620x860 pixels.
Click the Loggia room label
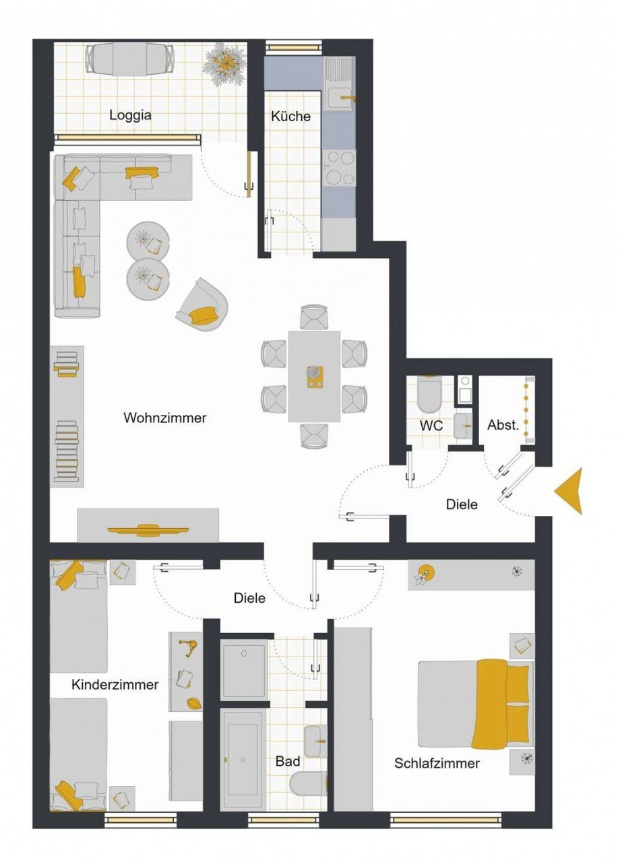[x=130, y=114]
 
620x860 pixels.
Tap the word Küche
[x=290, y=116]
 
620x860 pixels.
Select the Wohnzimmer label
[x=165, y=418]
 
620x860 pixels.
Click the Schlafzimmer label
[x=437, y=763]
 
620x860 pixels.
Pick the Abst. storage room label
[x=503, y=425]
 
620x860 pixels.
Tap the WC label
[x=431, y=426]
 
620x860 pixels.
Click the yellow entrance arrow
[x=570, y=491]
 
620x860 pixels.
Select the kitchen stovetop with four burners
[x=339, y=168]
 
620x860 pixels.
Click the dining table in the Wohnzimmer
[x=314, y=376]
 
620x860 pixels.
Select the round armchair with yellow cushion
[x=201, y=304]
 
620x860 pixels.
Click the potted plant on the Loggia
[x=225, y=63]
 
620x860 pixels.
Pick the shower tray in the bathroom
[x=244, y=666]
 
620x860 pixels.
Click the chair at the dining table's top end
[x=314, y=317]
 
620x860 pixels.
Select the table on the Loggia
[x=130, y=59]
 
